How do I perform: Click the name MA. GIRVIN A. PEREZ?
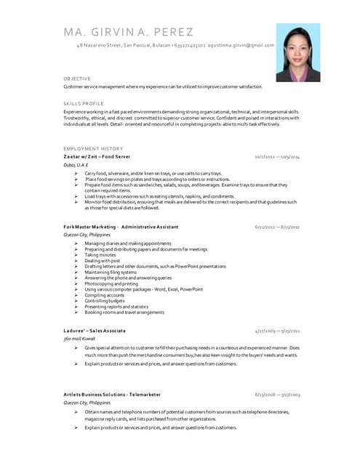tap(128, 32)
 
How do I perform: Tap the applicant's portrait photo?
tap(297, 52)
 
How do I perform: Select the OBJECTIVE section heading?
tap(77, 78)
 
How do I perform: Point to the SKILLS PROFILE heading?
tap(84, 104)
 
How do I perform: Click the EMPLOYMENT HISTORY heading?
tap(93, 148)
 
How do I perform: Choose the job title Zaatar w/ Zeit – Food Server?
tap(97, 157)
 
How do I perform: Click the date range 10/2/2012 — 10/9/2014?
tap(277, 157)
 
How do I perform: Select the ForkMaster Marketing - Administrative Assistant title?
tap(121, 227)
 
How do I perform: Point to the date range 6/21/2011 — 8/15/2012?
tap(277, 227)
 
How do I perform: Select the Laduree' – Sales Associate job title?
tap(94, 331)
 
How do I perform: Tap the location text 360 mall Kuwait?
tap(80, 339)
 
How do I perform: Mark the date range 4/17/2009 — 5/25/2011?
tap(277, 331)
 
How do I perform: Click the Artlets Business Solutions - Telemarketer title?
tap(111, 395)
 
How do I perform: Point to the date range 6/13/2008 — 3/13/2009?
tap(277, 395)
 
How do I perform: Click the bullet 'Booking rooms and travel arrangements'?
tap(124, 312)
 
